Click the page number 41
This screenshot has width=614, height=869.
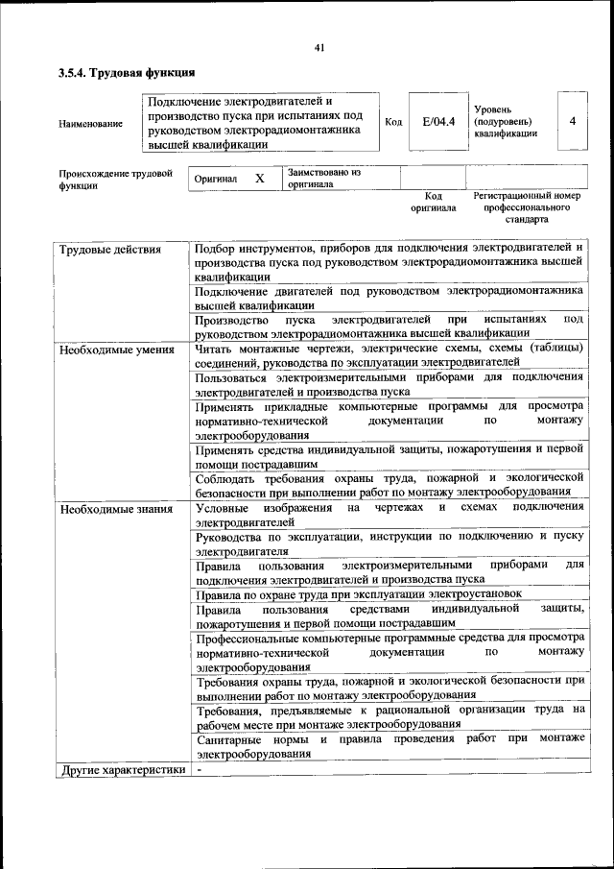pos(319,49)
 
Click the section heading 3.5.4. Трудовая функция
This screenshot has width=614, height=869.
pos(127,73)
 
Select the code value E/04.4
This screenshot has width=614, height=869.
pos(437,122)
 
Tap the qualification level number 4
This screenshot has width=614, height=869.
pos(572,122)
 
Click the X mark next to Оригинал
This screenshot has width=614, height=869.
pos(259,179)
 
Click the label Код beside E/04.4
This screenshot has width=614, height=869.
pos(393,122)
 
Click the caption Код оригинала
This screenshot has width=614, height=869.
pos(434,202)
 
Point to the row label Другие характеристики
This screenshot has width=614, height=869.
pos(122,769)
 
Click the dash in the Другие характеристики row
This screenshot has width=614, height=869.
pos(200,769)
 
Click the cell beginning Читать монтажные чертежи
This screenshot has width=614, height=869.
pos(389,355)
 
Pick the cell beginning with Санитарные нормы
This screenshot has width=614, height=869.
pos(389,746)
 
